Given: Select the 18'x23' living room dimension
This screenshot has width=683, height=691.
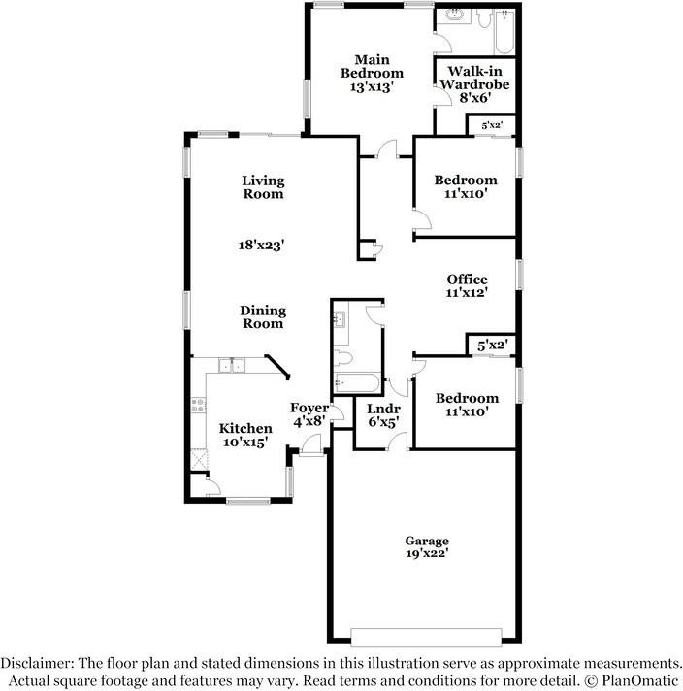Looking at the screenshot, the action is click(x=261, y=245).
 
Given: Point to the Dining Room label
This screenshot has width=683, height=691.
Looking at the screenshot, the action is click(x=263, y=316).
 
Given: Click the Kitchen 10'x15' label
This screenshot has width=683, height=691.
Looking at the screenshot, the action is click(x=245, y=435).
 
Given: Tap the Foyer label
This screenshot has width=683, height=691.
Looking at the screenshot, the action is click(x=309, y=408).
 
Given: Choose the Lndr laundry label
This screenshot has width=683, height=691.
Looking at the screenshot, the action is click(x=383, y=409).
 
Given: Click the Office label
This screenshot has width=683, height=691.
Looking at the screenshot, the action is click(x=467, y=279).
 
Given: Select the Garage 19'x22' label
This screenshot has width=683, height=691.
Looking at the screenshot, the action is click(x=427, y=547).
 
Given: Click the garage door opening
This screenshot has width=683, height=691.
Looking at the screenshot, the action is click(x=426, y=638).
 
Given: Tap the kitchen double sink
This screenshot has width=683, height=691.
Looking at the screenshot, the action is click(x=232, y=366).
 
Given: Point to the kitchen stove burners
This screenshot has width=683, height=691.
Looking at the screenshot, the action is click(x=198, y=406).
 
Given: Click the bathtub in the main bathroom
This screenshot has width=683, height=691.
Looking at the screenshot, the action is click(x=504, y=31).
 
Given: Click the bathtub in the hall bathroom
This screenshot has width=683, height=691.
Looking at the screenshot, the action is click(x=356, y=383).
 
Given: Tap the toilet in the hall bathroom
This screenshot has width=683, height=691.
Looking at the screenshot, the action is click(x=342, y=357).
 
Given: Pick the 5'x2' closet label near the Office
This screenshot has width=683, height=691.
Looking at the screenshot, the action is click(x=493, y=345).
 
